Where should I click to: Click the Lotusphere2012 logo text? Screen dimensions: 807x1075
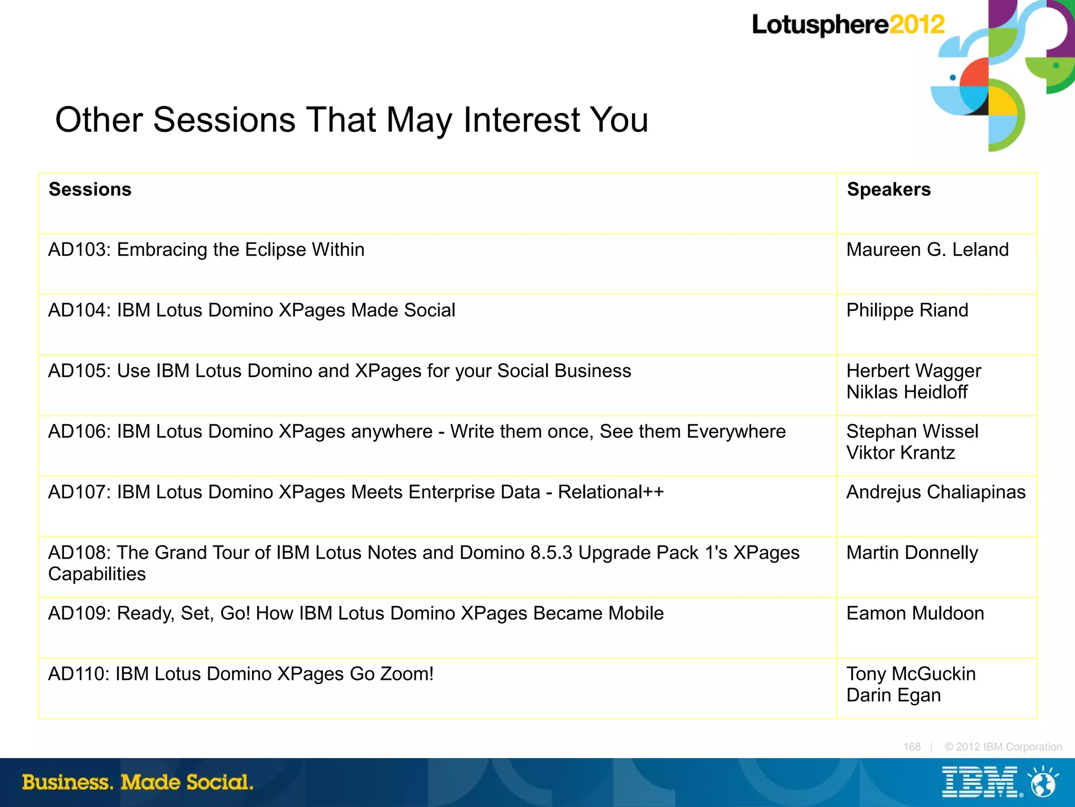[848, 25]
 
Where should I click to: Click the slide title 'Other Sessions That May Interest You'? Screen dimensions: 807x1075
[351, 120]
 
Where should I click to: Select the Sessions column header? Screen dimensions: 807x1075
[90, 190]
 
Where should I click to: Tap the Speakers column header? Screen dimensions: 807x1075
[889, 190]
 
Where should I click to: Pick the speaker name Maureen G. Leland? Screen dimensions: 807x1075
[928, 250]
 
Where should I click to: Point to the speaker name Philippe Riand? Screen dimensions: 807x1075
[907, 310]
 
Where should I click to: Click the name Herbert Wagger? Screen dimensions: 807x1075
[913, 371]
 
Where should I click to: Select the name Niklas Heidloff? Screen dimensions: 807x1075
[907, 392]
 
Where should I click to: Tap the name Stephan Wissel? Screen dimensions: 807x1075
[912, 432]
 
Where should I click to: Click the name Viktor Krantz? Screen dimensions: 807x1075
[900, 453]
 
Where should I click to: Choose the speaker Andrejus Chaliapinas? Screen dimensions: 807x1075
[936, 492]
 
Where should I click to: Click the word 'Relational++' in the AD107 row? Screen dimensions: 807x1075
[610, 492]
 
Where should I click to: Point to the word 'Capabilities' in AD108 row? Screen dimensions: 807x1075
[97, 574]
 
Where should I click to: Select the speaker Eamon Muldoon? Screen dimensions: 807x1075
[915, 613]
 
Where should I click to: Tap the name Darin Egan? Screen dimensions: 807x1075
[893, 695]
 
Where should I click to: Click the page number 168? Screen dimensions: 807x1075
[912, 747]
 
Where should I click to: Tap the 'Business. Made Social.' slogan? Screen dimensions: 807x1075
[138, 782]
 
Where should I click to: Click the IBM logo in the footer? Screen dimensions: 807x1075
[980, 782]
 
